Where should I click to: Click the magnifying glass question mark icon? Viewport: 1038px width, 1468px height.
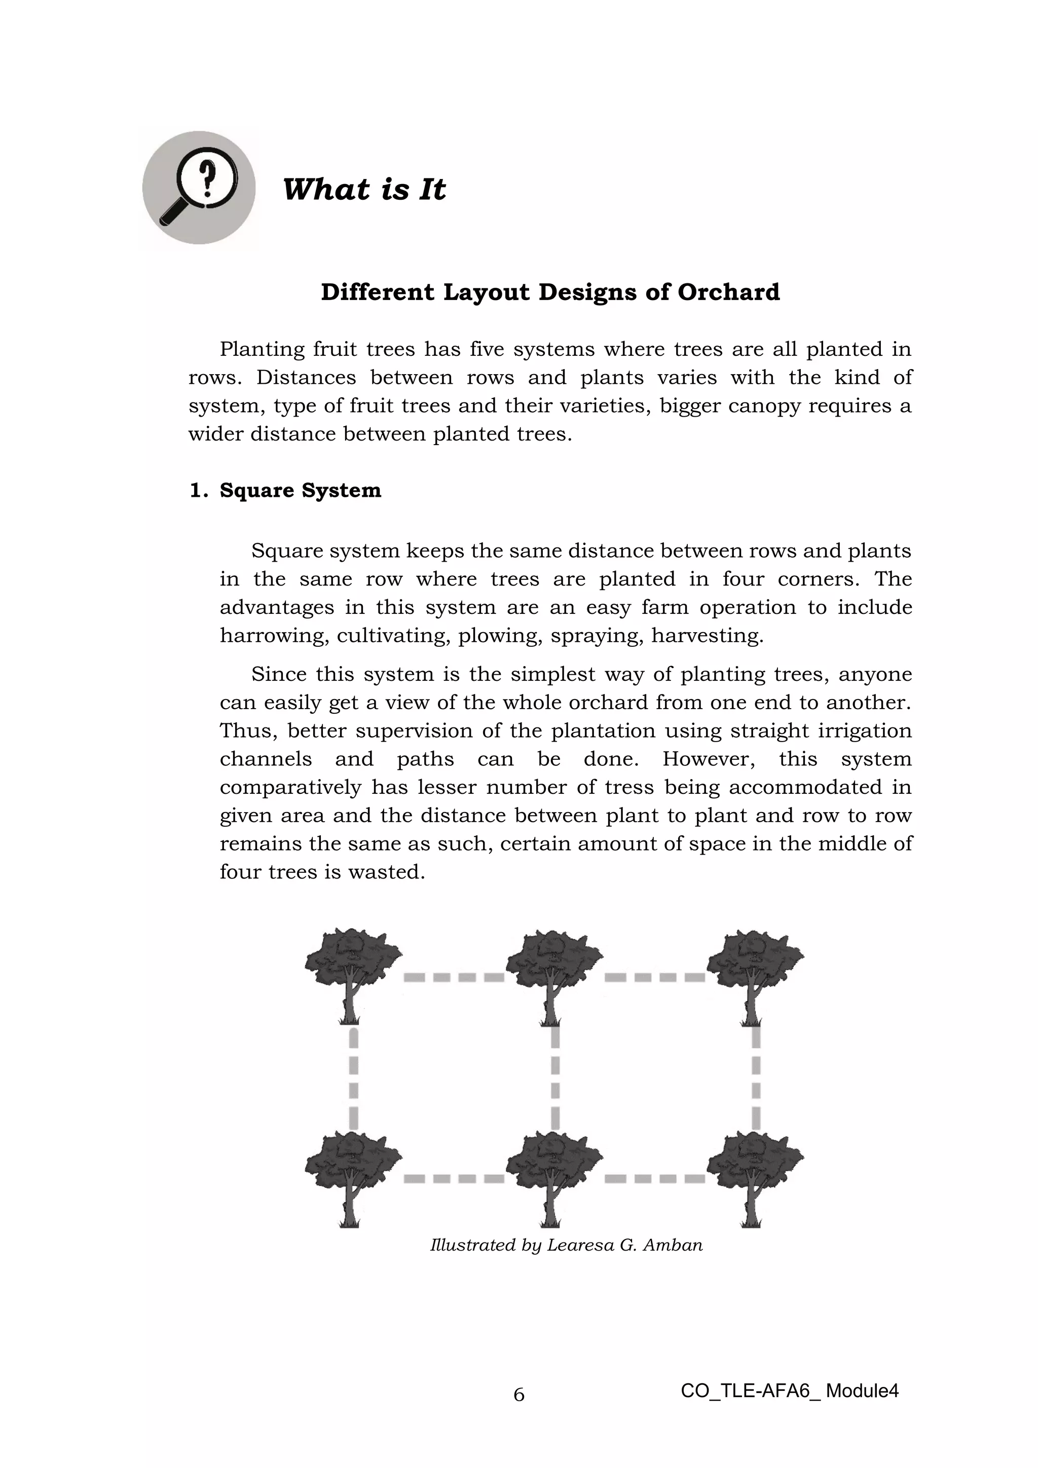(x=199, y=188)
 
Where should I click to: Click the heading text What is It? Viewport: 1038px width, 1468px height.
(x=364, y=189)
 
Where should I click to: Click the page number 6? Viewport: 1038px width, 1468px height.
(x=518, y=1394)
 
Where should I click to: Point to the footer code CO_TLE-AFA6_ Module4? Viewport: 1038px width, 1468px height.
(x=789, y=1390)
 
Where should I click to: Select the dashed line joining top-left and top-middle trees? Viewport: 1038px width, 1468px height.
(x=454, y=977)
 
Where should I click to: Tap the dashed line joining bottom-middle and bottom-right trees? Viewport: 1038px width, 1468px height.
(x=654, y=1179)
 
